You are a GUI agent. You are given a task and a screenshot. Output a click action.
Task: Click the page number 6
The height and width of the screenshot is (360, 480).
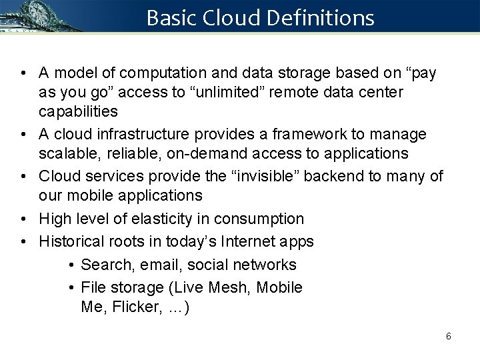pyautogui.click(x=448, y=336)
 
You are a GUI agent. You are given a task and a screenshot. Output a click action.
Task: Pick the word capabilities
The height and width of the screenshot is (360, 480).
pyautogui.click(x=78, y=110)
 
